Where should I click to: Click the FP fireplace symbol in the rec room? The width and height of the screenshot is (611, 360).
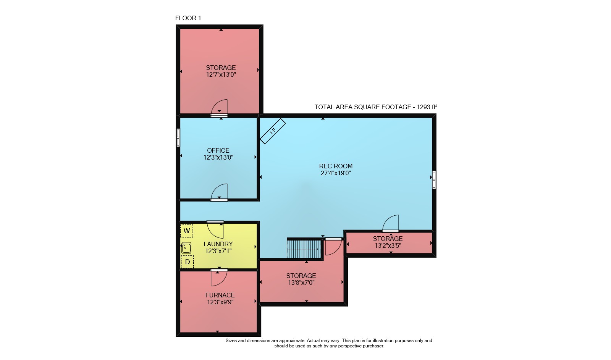(x=273, y=131)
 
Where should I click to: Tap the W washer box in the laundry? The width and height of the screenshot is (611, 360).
(x=187, y=231)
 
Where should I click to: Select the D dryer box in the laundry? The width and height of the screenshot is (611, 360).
(x=188, y=262)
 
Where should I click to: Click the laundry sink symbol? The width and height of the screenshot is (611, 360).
(x=186, y=248)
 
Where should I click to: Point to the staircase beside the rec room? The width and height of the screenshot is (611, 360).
(x=304, y=249)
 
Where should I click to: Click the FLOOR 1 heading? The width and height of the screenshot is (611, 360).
(x=188, y=18)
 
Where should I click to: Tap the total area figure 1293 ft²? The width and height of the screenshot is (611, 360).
(x=427, y=107)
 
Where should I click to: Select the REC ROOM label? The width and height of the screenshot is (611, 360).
(x=336, y=166)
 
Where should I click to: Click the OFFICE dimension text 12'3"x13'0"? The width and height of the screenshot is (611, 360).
(x=218, y=157)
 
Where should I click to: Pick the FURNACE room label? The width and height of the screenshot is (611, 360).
(x=220, y=295)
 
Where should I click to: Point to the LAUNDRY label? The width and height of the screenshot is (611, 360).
(x=218, y=244)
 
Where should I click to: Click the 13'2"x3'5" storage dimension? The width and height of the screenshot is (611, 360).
(x=388, y=245)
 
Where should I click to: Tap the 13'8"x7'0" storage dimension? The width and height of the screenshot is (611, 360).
(x=301, y=283)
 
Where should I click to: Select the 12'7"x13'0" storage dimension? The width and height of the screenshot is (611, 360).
(x=221, y=74)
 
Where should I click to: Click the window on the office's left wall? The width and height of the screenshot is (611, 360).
(x=178, y=138)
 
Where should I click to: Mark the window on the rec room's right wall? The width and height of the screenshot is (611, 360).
(x=434, y=180)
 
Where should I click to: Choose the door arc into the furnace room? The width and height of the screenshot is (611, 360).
(x=219, y=278)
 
